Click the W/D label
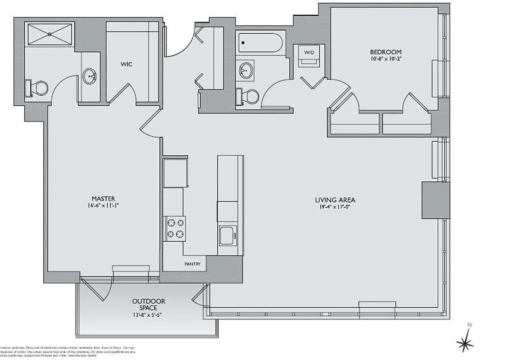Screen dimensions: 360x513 309,53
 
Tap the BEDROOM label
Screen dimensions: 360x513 386,52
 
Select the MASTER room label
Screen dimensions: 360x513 103,198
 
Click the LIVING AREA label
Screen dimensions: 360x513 332,200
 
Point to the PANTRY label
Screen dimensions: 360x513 192,264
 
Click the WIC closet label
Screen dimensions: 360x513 126,64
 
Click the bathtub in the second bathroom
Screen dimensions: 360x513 261,43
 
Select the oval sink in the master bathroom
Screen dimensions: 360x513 90,76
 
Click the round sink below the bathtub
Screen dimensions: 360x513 246,71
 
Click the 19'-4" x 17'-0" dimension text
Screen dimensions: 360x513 332,207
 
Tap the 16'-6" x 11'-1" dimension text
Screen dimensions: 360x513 103,206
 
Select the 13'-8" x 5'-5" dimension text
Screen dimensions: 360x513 148,315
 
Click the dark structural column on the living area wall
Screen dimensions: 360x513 435,200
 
